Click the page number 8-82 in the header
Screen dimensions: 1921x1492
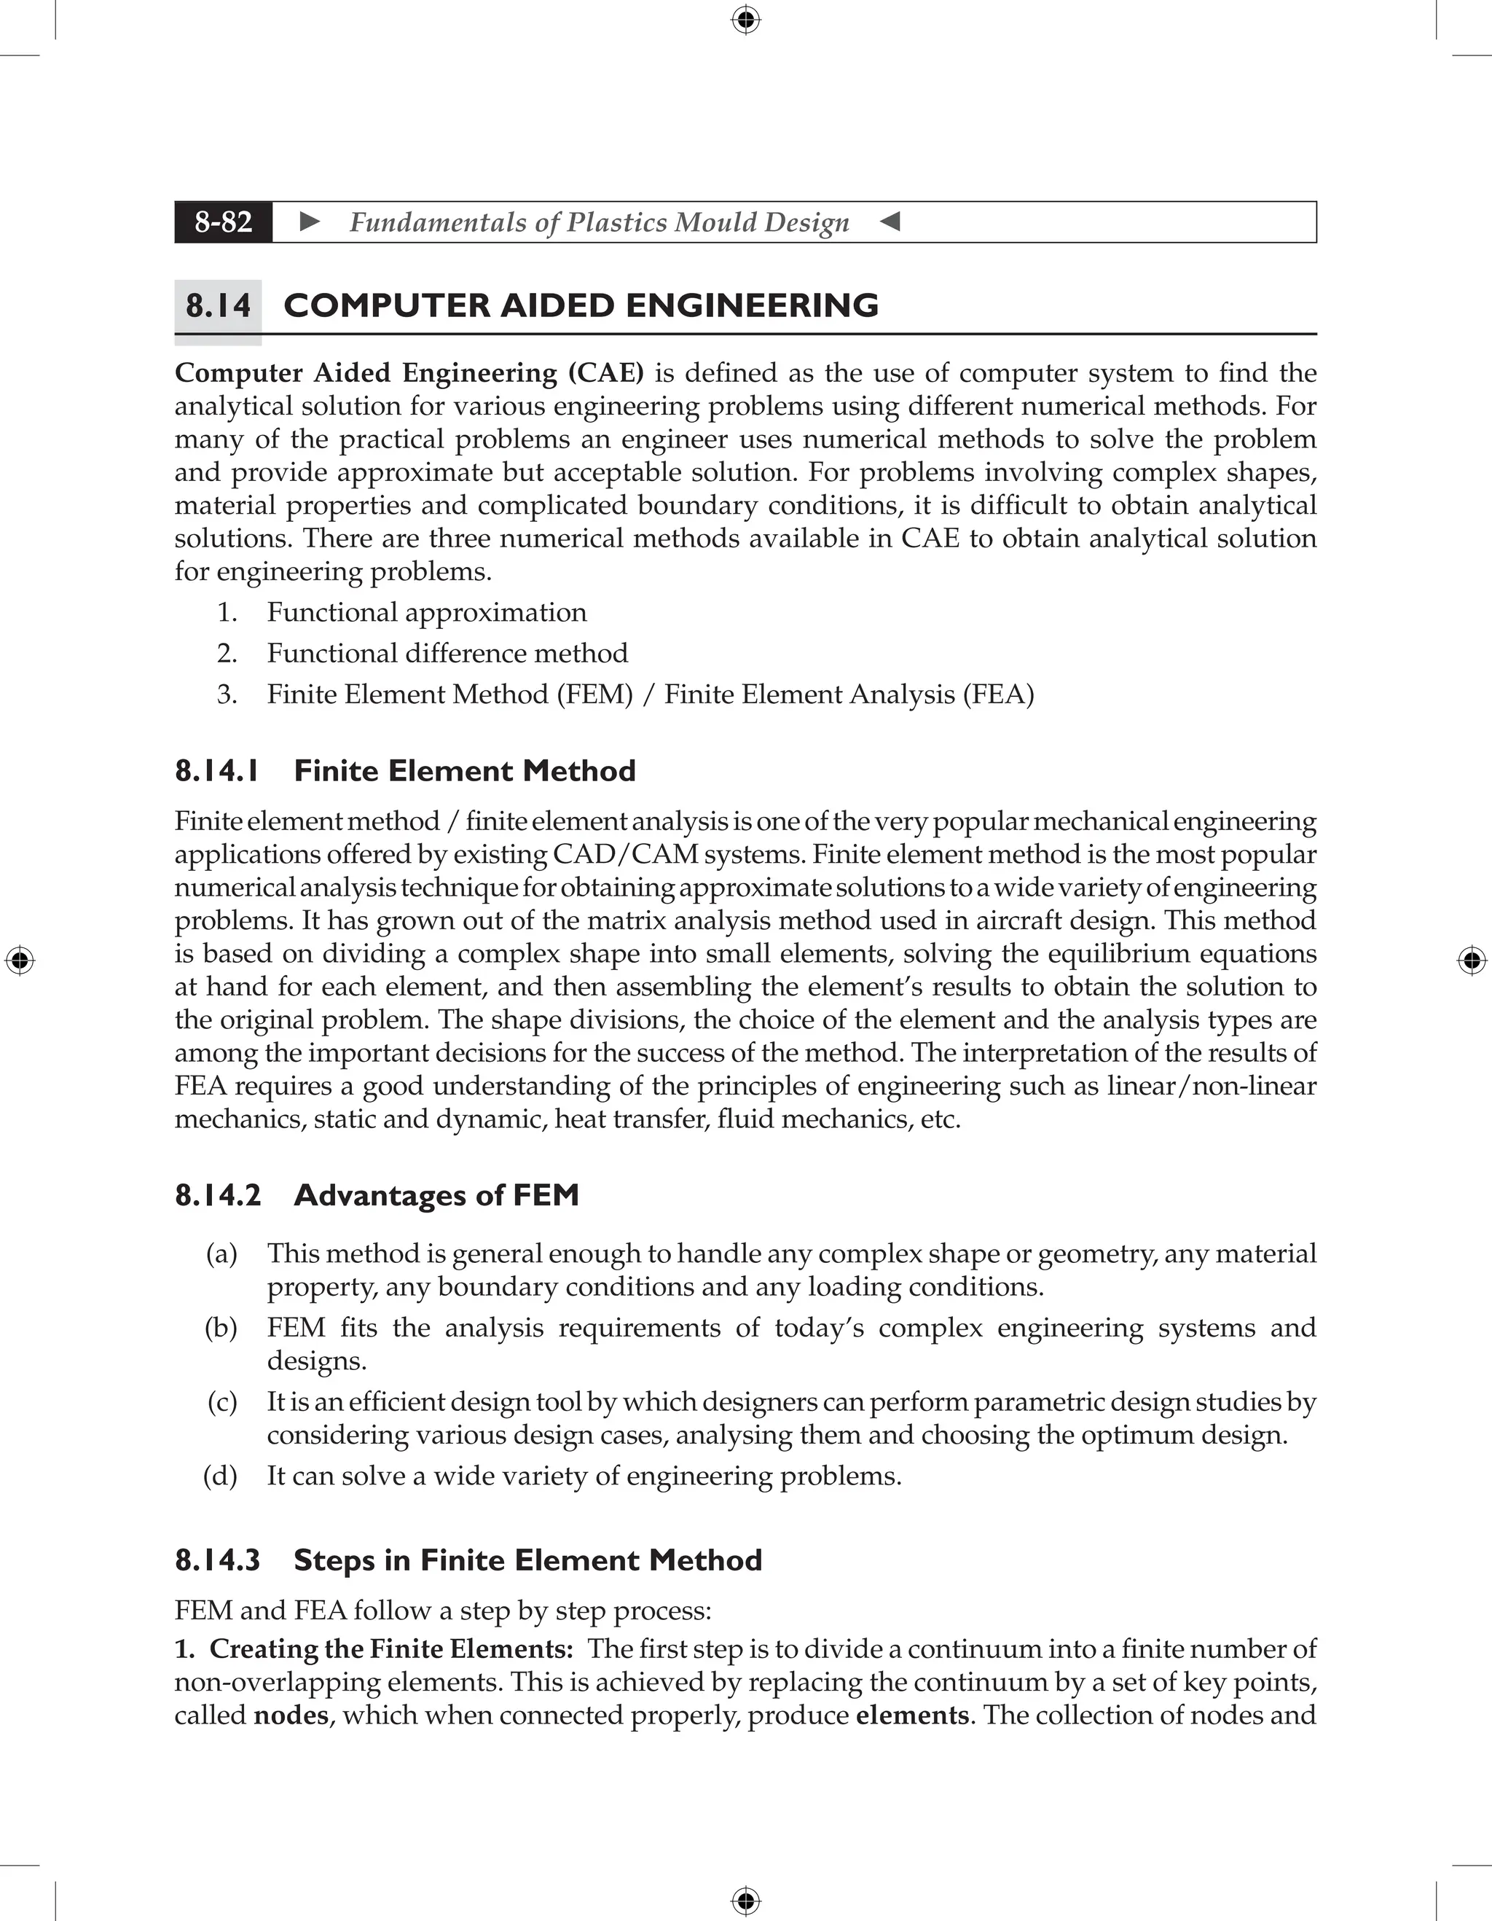[x=224, y=222]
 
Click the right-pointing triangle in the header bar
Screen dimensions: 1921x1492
[x=310, y=222]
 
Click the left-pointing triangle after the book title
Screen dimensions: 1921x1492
[x=890, y=222]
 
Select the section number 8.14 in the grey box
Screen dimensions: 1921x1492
[x=218, y=306]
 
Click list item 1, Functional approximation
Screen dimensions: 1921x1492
[x=426, y=612]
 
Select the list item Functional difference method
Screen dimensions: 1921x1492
[x=447, y=654]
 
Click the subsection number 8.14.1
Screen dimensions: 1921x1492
[x=217, y=772]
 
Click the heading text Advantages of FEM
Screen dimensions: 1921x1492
[x=436, y=1195]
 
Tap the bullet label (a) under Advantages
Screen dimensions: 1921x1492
[x=221, y=1253]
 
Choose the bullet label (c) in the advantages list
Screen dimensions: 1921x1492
[x=222, y=1401]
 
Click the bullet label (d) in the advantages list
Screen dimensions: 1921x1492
[x=221, y=1475]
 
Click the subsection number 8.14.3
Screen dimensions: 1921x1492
[x=217, y=1560]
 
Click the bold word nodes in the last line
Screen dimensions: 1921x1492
[x=291, y=1715]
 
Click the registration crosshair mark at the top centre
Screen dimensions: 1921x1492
[x=745, y=20]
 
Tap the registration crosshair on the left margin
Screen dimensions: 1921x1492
[x=20, y=960]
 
